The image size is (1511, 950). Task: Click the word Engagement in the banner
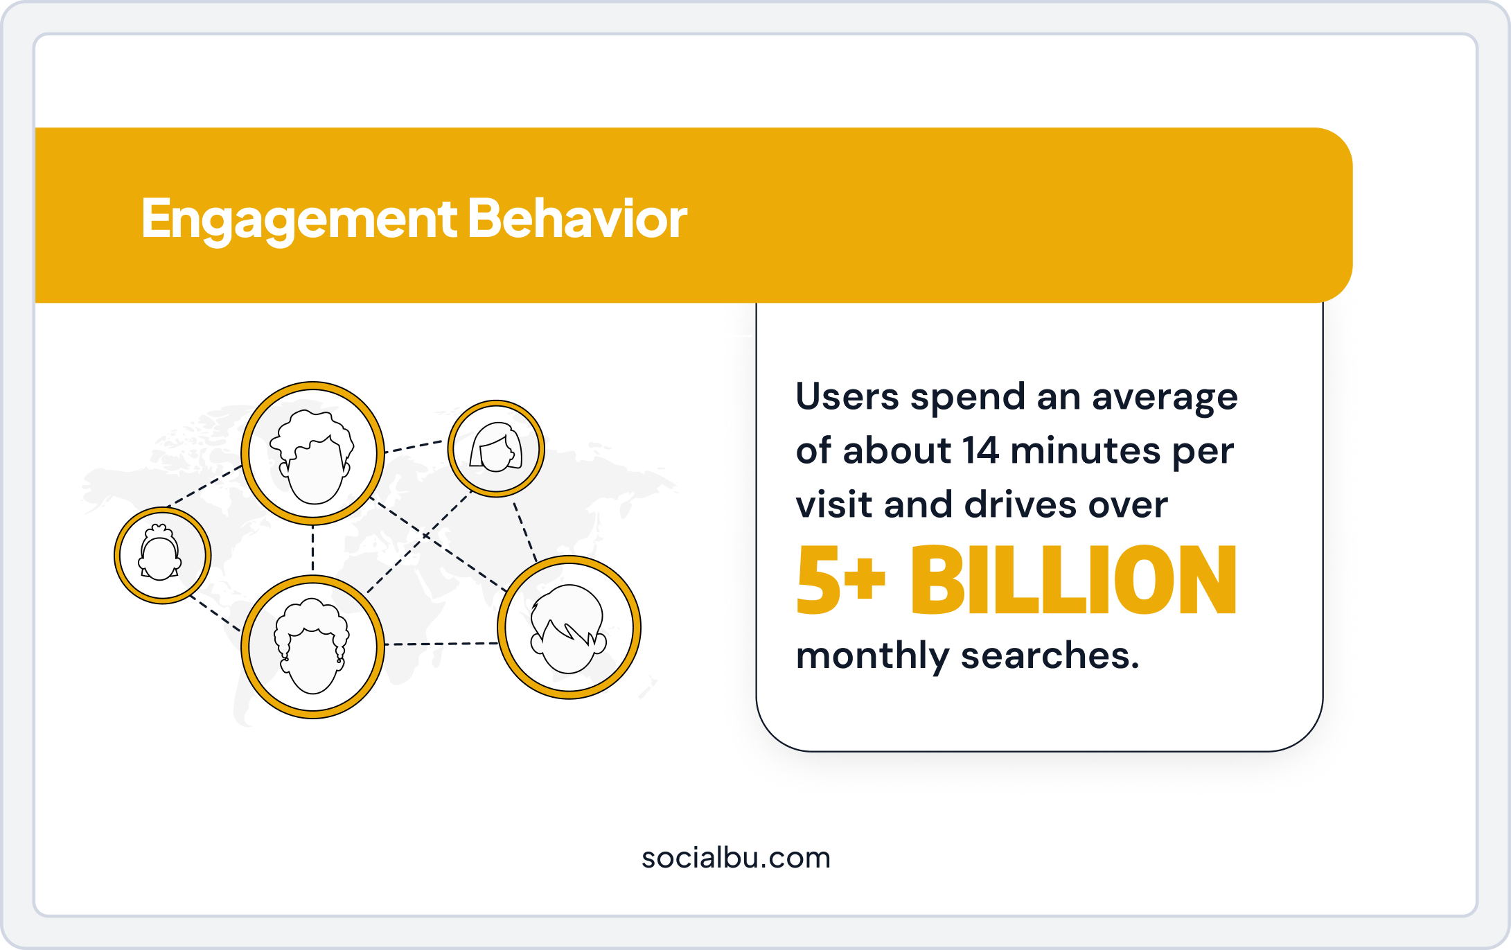coord(298,219)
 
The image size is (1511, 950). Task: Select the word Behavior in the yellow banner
coord(577,219)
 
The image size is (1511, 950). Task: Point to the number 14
coord(980,451)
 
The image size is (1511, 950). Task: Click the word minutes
coord(1085,451)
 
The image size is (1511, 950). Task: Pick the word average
coord(1165,397)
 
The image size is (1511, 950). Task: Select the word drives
coord(1020,505)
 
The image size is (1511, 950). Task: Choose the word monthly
coord(872,656)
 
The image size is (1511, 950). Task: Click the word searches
coord(1049,656)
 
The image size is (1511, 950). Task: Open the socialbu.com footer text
coord(736,858)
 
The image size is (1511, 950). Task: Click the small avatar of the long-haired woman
coord(496,448)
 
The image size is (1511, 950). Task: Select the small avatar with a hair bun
coord(162,555)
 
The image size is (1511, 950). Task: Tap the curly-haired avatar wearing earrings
coord(312,646)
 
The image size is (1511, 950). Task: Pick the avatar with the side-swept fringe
coord(569,628)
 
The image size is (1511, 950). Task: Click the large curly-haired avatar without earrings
coord(312,453)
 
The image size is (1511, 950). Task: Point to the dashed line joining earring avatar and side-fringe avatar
coord(441,644)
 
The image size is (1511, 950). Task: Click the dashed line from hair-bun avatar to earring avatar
coord(215,613)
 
